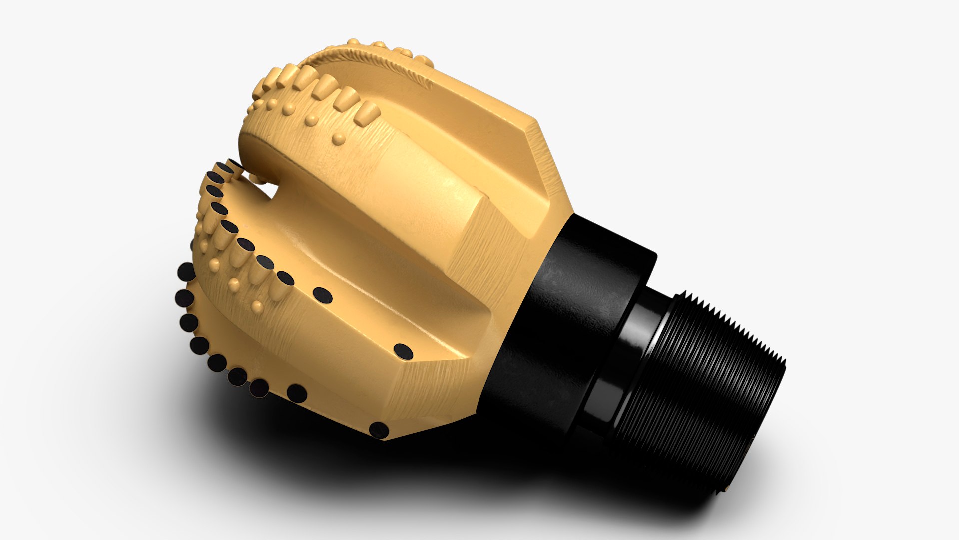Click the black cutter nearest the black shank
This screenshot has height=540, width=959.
(379, 430)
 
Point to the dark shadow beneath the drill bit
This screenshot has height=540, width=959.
(400, 475)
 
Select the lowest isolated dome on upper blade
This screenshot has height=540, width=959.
(339, 138)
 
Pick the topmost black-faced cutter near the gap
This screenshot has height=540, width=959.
(234, 164)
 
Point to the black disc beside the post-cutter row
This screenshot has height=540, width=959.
(322, 296)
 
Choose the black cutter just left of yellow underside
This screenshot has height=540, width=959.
(297, 393)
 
